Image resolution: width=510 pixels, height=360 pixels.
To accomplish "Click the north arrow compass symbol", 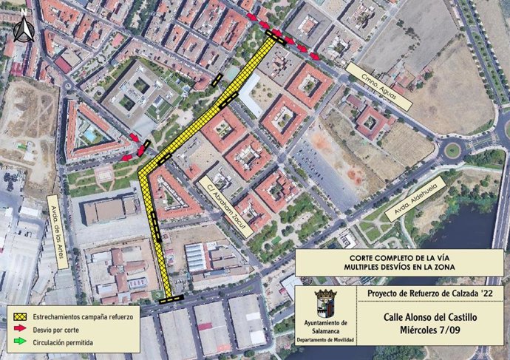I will coord(24,28).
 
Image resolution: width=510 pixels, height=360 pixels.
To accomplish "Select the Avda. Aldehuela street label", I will coord(409,201).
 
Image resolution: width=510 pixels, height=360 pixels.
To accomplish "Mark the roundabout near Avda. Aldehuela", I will coord(452,151).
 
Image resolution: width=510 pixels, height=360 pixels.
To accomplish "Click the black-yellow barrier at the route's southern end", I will coord(172,298).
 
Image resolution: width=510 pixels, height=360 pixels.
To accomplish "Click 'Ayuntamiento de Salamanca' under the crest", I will coord(326,327).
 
